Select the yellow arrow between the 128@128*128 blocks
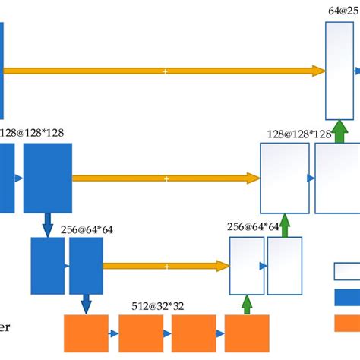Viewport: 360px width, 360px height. (x=166, y=178)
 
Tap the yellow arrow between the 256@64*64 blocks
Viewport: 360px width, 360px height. (x=166, y=266)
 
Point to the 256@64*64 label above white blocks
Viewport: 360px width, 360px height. (x=254, y=227)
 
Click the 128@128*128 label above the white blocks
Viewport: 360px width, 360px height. (x=299, y=134)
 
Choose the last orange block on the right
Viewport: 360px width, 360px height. (x=247, y=333)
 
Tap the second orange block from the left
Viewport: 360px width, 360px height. (x=141, y=333)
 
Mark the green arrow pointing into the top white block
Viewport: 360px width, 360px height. (x=340, y=130)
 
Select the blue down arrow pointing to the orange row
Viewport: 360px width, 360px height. (x=85, y=304)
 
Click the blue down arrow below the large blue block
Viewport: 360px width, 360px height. (x=48, y=225)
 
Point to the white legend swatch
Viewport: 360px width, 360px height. (x=346, y=272)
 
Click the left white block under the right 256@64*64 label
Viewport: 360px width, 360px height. (x=247, y=266)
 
